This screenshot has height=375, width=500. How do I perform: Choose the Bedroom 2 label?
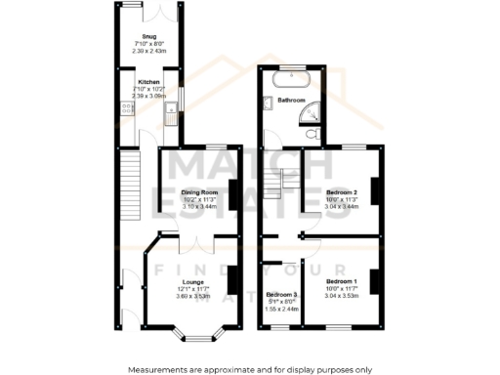point(342,193)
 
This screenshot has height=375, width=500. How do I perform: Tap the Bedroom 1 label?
point(342,281)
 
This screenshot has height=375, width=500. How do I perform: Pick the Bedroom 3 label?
point(281,294)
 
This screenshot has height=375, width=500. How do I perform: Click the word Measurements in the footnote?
point(158,369)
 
